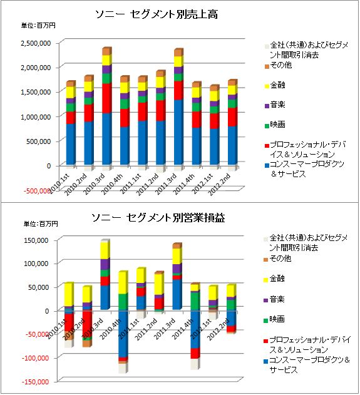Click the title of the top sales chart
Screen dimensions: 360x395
click(157, 14)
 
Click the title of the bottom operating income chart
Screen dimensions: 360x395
click(158, 218)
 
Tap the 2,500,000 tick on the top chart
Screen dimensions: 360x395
click(36, 43)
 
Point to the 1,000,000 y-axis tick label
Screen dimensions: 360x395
click(36, 117)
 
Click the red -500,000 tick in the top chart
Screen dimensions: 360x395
click(37, 191)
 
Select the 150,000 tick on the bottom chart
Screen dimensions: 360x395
click(36, 240)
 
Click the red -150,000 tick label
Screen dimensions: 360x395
click(35, 382)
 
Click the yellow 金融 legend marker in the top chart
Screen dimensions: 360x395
click(267, 86)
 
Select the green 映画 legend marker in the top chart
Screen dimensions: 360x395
click(267, 126)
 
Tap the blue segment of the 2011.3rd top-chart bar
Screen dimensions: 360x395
click(178, 132)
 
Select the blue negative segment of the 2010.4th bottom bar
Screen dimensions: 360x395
click(123, 334)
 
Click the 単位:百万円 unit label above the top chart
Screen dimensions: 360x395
click(38, 26)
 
